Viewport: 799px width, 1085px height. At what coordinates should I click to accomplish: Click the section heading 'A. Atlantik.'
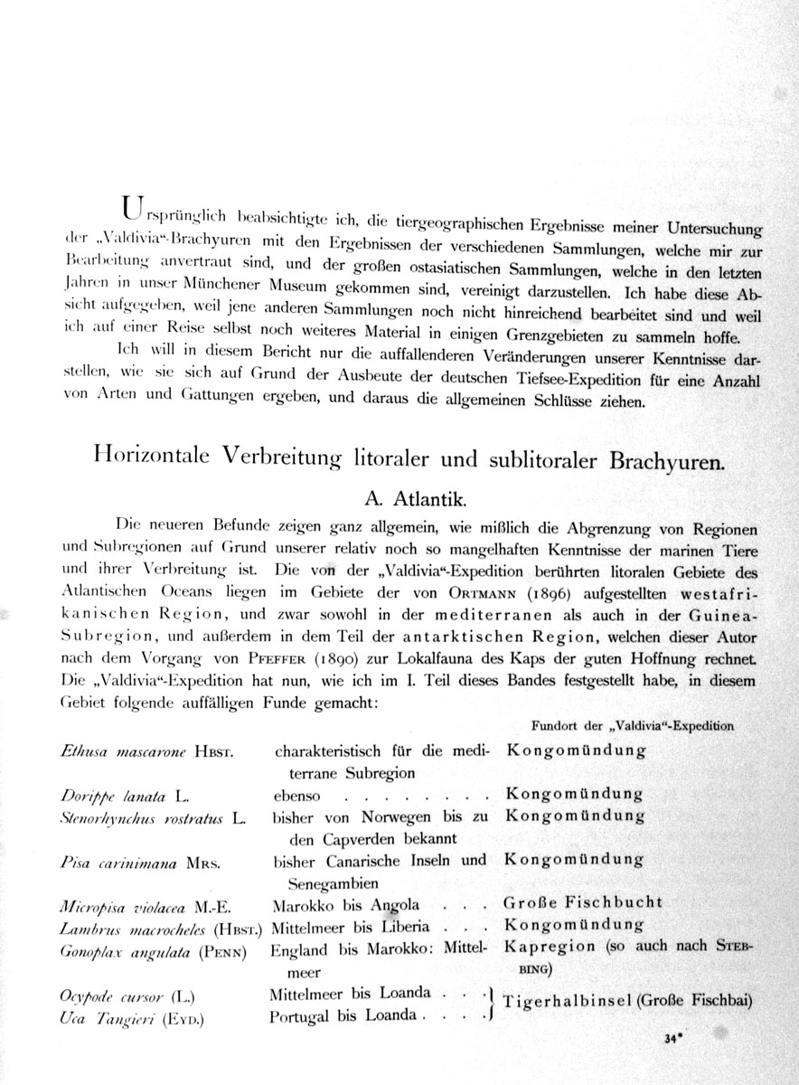pyautogui.click(x=411, y=497)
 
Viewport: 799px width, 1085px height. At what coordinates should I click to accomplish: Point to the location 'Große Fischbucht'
pyautogui.click(x=585, y=902)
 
